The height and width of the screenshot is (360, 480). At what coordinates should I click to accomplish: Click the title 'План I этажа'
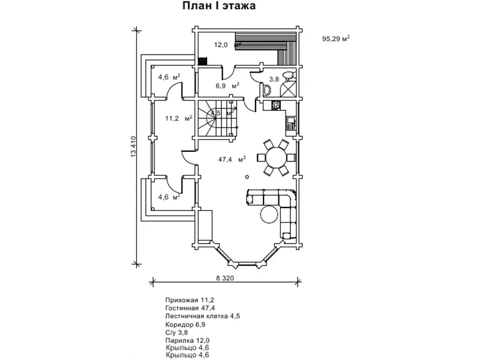220,7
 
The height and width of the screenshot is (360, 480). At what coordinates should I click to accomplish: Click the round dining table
277,158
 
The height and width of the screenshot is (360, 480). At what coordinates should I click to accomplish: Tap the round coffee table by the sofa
268,214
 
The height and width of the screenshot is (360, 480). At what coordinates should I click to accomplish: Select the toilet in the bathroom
267,91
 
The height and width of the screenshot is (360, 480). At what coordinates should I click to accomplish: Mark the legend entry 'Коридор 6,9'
187,323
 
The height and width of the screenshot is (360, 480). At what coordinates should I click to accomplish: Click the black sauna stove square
202,60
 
